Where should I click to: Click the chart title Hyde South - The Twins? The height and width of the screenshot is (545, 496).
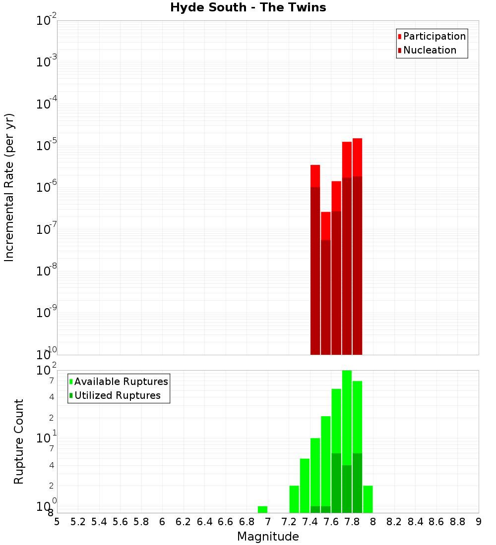pyautogui.click(x=248, y=7)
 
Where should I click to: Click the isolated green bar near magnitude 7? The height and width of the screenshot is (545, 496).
pyautogui.click(x=262, y=509)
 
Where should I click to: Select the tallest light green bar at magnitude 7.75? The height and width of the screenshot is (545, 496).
pyautogui.click(x=347, y=416)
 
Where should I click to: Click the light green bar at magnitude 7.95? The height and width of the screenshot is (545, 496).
pyautogui.click(x=368, y=499)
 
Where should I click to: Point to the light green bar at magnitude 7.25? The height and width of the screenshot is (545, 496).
pyautogui.click(x=294, y=499)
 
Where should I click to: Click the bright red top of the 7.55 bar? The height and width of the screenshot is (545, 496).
pyautogui.click(x=326, y=225)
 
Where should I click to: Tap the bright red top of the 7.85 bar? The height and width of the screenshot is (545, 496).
pyautogui.click(x=357, y=157)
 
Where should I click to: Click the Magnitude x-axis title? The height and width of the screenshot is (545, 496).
pyautogui.click(x=268, y=537)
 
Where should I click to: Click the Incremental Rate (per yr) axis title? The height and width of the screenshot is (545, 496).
pyautogui.click(x=9, y=187)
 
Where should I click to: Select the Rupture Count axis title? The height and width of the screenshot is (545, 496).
pyautogui.click(x=19, y=441)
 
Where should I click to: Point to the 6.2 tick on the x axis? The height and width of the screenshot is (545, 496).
pyautogui.click(x=183, y=522)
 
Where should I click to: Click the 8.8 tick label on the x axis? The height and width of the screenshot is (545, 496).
pyautogui.click(x=457, y=522)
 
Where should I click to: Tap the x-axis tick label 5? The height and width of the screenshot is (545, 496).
pyautogui.click(x=57, y=522)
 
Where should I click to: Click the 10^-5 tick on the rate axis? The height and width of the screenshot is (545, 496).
pyautogui.click(x=46, y=146)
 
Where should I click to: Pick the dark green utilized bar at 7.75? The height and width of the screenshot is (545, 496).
pyautogui.click(x=347, y=488)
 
